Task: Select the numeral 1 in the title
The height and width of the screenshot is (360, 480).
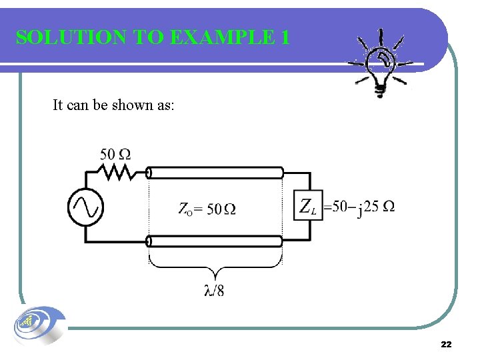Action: point(285,37)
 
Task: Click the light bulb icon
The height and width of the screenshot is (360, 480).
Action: point(381,64)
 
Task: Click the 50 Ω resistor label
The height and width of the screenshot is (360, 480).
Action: point(115,155)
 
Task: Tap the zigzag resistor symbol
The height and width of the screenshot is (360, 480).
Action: point(117,173)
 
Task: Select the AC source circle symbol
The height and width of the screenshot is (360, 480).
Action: point(86,207)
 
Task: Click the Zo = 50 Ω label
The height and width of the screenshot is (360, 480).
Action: point(207,209)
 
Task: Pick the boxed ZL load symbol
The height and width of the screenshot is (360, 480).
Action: point(307,206)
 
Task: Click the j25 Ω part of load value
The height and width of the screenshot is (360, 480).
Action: point(376,207)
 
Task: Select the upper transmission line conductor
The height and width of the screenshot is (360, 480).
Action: point(215,173)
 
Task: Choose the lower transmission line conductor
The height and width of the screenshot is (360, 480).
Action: point(215,241)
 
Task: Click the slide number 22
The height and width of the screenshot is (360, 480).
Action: point(446,344)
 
